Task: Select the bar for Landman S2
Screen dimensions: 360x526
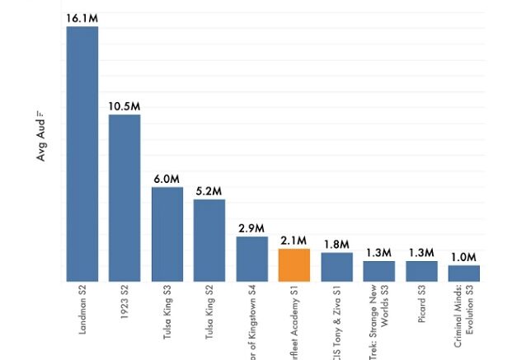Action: (x=82, y=153)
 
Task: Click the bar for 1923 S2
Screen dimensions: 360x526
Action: (x=124, y=198)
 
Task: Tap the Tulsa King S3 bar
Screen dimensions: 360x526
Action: (x=167, y=234)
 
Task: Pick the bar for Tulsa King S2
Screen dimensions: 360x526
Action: (x=209, y=240)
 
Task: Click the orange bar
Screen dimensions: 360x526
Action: (x=294, y=264)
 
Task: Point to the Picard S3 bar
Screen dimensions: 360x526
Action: (x=421, y=271)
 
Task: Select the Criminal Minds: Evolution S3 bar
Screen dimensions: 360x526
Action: (x=464, y=273)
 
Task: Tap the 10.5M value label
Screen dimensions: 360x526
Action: (x=124, y=106)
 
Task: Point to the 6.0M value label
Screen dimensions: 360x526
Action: (x=167, y=179)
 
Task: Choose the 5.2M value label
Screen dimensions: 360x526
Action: (x=209, y=191)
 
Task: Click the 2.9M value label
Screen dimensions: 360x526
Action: (x=252, y=228)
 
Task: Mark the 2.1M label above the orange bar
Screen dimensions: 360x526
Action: (x=294, y=241)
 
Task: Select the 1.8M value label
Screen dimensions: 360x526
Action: (x=336, y=245)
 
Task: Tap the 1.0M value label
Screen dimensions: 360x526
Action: (x=464, y=257)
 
